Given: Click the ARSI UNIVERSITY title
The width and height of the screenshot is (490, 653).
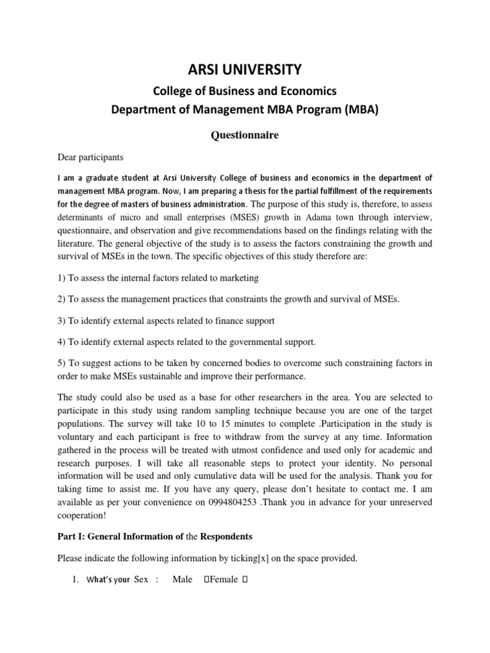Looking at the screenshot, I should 245,68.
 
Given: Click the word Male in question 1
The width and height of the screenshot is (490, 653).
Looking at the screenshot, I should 183,579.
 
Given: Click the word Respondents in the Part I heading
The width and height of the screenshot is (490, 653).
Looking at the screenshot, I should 219,536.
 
